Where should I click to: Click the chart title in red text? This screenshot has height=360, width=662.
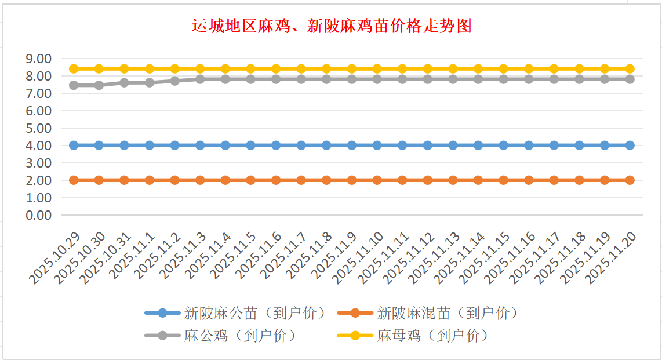pyautogui.click(x=331, y=26)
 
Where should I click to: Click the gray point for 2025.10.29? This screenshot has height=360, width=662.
pyautogui.click(x=74, y=85)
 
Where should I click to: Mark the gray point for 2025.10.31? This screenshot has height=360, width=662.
pyautogui.click(x=124, y=82)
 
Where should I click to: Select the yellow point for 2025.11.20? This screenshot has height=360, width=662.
pyautogui.click(x=630, y=68)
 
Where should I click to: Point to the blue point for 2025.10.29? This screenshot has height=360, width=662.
pyautogui.click(x=74, y=145)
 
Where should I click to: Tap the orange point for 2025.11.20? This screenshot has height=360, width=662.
pyautogui.click(x=630, y=180)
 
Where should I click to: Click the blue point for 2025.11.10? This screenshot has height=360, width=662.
pyautogui.click(x=377, y=145)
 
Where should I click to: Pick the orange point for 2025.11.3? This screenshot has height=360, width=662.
pyautogui.click(x=200, y=180)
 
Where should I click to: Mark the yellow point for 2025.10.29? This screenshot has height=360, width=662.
pyautogui.click(x=74, y=68)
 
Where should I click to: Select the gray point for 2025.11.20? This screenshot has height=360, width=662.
pyautogui.click(x=630, y=79)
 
